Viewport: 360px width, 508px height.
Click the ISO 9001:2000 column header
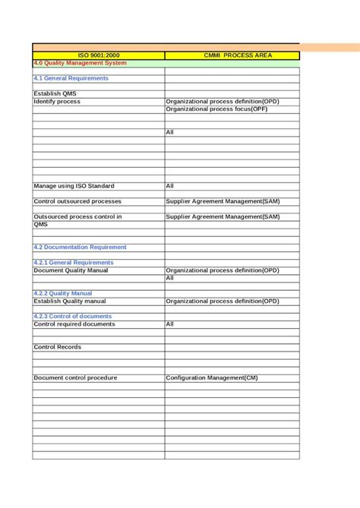coord(99,55)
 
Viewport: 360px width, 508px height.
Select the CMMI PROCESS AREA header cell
coord(232,55)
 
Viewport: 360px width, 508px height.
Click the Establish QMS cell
coord(55,93)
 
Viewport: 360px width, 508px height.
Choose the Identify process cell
coord(57,101)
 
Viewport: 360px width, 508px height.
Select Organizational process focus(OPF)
coord(216,109)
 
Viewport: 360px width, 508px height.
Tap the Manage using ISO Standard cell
coord(74,185)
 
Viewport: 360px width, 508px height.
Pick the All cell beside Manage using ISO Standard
coord(170,185)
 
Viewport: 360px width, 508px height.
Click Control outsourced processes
coord(77,201)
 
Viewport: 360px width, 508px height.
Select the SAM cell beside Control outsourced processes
coord(223,201)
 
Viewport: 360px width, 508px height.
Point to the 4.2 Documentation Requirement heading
coord(80,247)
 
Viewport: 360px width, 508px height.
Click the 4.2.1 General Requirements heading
coord(74,262)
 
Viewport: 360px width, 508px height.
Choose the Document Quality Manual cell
coord(71,270)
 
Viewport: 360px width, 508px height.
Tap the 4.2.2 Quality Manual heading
coord(65,293)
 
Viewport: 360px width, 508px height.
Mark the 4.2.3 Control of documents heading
coord(72,316)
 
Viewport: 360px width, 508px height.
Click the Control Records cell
coord(57,347)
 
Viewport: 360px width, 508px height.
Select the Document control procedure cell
coord(75,377)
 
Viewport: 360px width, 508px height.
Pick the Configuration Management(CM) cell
coord(212,377)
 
